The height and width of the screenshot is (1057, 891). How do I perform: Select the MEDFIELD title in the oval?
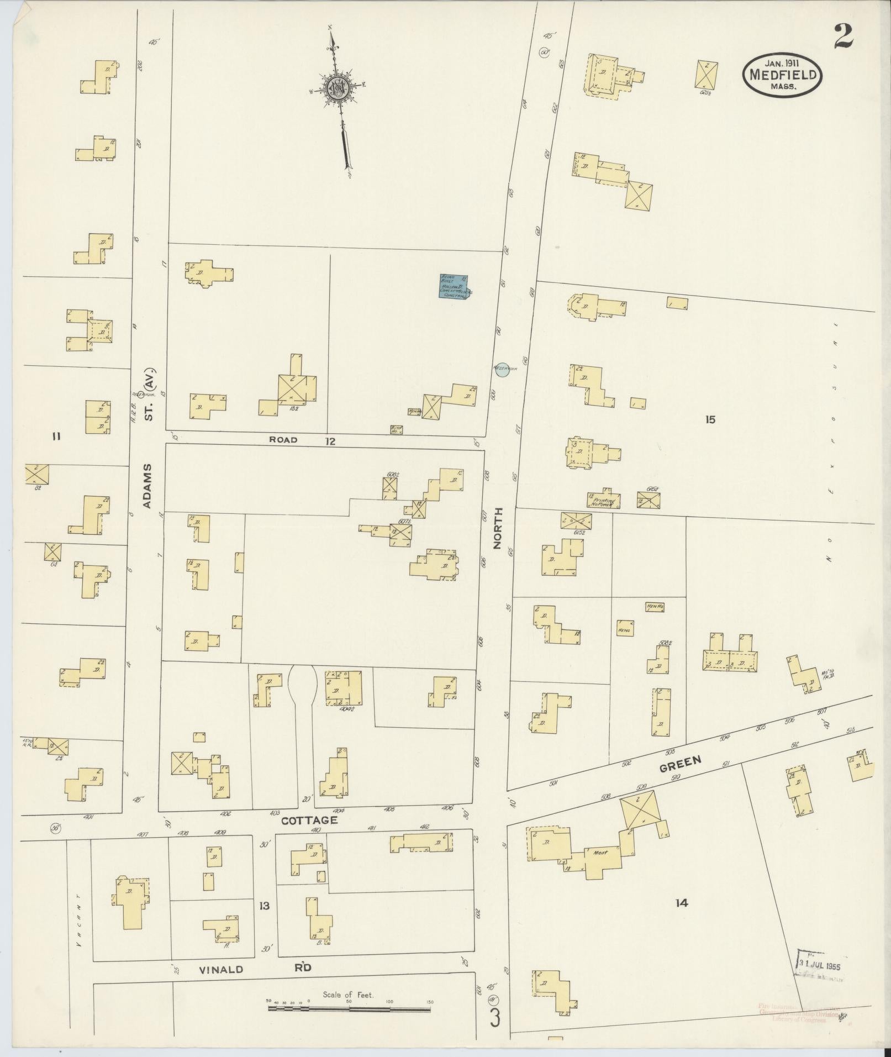coord(783,76)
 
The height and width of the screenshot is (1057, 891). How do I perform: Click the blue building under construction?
coord(454,287)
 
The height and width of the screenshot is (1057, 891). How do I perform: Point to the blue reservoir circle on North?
coord(502,370)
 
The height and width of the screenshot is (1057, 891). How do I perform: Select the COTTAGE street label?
coord(309,821)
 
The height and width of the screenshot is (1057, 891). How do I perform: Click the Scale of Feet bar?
coord(349,1008)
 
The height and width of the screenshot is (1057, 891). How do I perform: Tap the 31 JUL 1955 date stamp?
coord(821,962)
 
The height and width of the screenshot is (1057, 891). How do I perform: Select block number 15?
coord(710,419)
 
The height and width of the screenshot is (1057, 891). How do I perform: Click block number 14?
coord(681,903)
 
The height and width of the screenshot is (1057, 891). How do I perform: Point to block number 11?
coord(56,437)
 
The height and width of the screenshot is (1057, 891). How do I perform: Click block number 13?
coord(265,906)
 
